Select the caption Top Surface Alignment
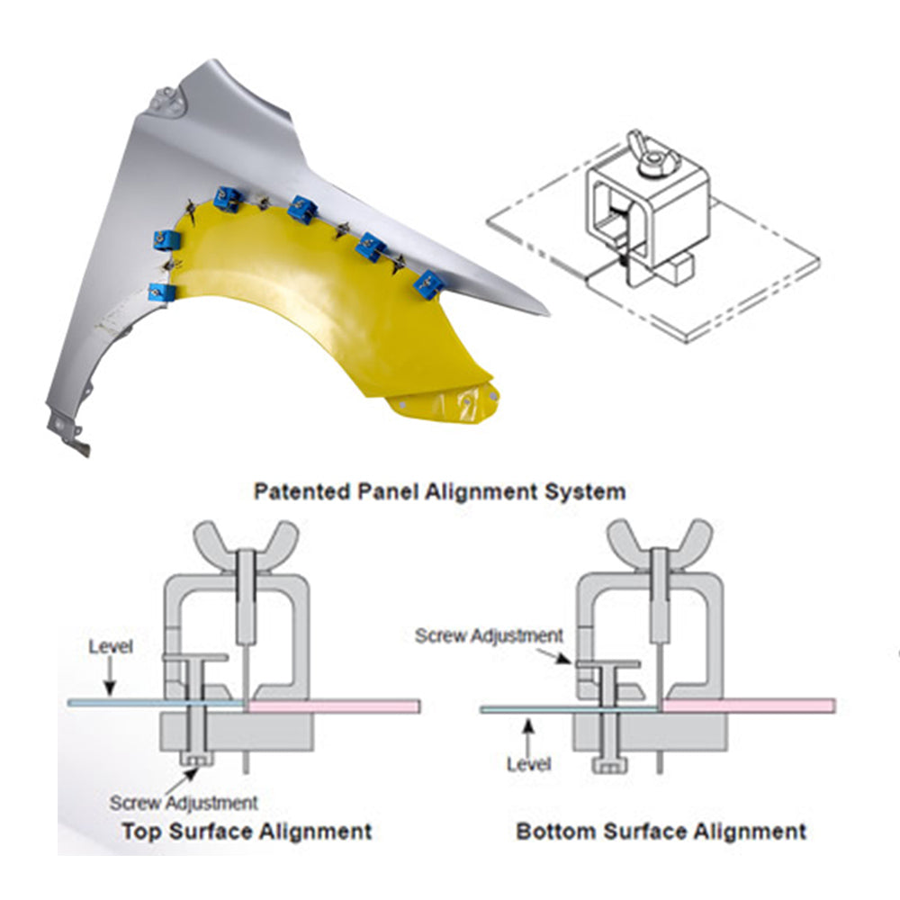[246, 831]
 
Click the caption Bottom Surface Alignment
[661, 831]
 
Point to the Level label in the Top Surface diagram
[111, 647]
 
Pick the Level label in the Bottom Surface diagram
[527, 765]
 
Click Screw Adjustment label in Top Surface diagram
[184, 801]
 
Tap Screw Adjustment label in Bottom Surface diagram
[490, 635]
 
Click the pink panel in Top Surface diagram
[333, 706]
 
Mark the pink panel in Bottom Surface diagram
[748, 705]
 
